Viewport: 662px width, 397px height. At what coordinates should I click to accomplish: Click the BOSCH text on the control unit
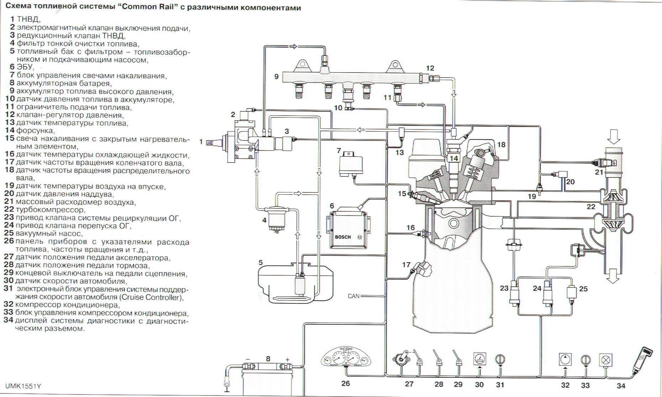[x=343, y=237]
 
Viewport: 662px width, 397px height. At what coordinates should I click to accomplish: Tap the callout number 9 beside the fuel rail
[x=277, y=76]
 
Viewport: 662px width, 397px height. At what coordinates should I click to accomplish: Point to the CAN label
[x=353, y=296]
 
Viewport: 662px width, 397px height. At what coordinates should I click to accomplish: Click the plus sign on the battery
[x=288, y=359]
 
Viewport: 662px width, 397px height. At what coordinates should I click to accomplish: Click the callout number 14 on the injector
[x=453, y=158]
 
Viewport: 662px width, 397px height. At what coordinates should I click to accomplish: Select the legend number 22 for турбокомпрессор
[x=9, y=210]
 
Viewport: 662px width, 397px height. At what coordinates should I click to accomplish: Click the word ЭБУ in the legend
[x=25, y=67]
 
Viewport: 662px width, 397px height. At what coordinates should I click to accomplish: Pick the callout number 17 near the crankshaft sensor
[x=406, y=265]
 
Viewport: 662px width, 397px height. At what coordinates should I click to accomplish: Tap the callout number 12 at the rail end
[x=430, y=68]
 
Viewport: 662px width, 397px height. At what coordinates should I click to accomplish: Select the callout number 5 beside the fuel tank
[x=261, y=263]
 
